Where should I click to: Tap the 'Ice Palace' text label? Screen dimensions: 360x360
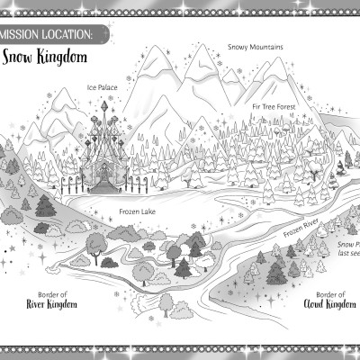(x=102, y=87)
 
